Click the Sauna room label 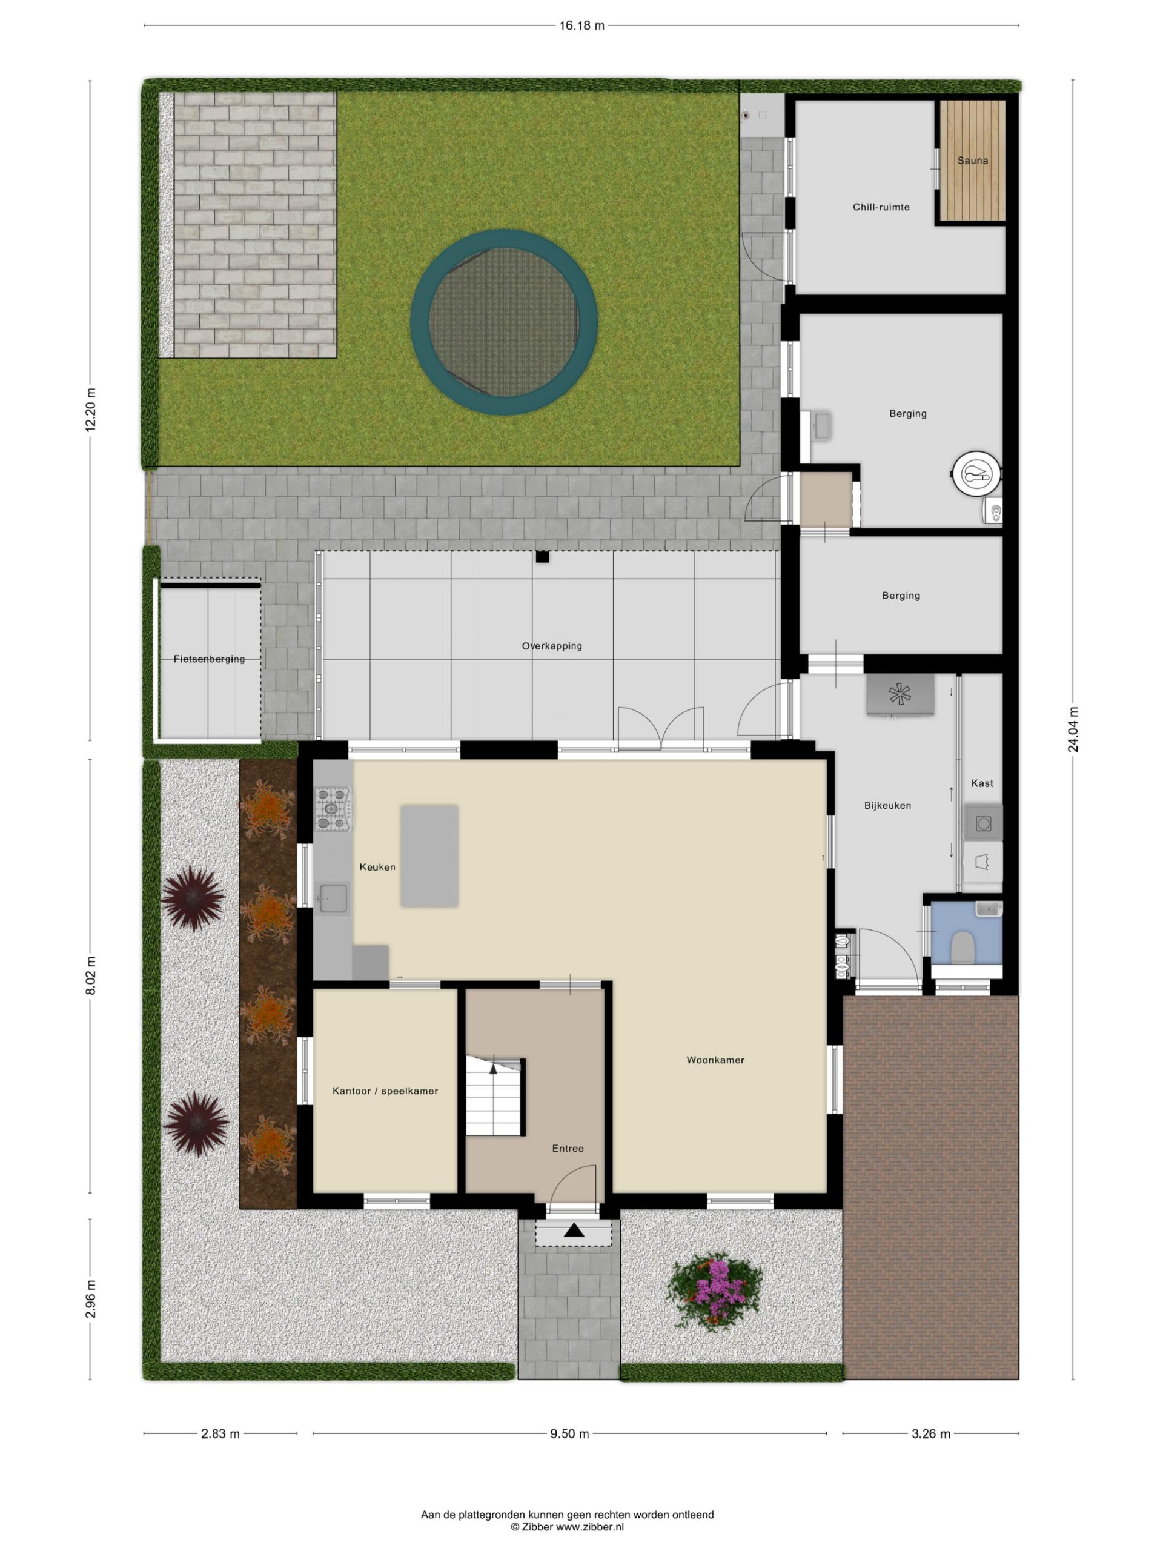(x=972, y=161)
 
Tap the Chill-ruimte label (x=881, y=207)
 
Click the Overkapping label (x=552, y=646)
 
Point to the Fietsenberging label (x=209, y=659)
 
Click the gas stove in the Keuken (x=333, y=809)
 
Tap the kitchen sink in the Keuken (x=333, y=898)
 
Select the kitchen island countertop (x=429, y=855)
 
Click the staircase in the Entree (x=495, y=1097)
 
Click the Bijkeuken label (x=887, y=806)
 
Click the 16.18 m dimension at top (x=581, y=26)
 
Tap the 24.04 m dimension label (x=1073, y=729)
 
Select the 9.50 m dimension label (x=569, y=1434)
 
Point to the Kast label (x=982, y=783)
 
